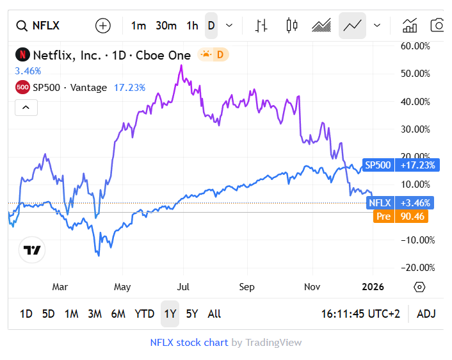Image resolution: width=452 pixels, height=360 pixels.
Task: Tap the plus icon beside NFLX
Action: (x=102, y=26)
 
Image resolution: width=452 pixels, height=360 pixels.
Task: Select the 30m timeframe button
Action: (x=166, y=26)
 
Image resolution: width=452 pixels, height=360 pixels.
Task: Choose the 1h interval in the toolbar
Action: (x=192, y=26)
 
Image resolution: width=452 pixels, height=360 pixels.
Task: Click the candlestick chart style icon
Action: (x=292, y=26)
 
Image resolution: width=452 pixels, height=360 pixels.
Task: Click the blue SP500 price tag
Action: (x=378, y=165)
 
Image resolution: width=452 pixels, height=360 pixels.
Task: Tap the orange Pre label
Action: (x=383, y=217)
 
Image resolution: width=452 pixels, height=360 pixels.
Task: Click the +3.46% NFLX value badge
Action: (x=417, y=203)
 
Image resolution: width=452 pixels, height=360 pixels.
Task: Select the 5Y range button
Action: (x=191, y=314)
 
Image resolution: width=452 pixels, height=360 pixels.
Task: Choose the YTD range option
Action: (x=144, y=314)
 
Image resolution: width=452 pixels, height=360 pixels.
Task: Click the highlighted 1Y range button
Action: (x=170, y=314)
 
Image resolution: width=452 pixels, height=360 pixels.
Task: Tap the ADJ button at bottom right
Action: (x=426, y=314)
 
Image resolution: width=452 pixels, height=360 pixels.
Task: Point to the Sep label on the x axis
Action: (x=247, y=286)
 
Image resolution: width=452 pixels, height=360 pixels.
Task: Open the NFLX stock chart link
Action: (x=189, y=343)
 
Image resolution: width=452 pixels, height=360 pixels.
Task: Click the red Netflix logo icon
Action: (x=22, y=55)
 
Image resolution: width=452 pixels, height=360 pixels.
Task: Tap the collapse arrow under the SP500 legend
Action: (x=26, y=107)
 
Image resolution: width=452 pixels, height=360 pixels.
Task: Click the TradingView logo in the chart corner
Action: (x=32, y=250)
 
